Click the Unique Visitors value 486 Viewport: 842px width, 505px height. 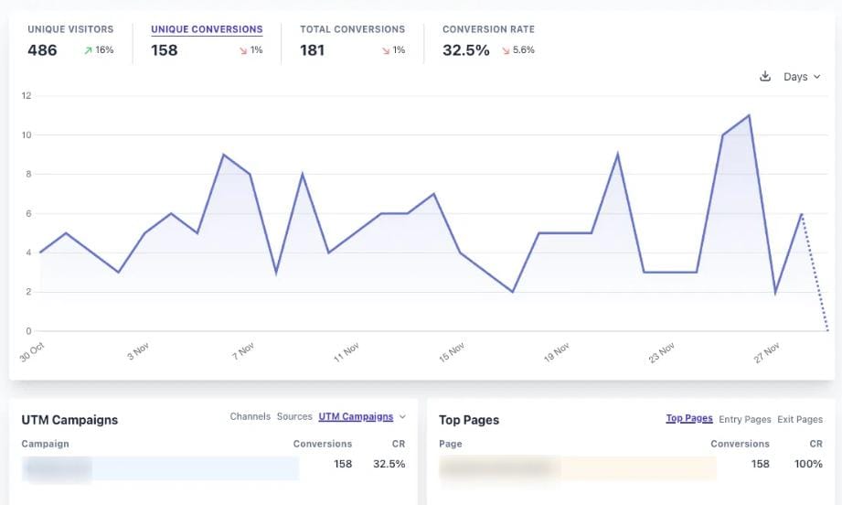(42, 50)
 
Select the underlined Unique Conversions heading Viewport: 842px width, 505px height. (207, 29)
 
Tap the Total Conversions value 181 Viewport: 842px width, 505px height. (313, 50)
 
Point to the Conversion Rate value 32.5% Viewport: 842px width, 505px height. (466, 50)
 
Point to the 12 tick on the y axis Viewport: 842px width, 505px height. (27, 95)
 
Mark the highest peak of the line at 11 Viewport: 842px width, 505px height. (749, 115)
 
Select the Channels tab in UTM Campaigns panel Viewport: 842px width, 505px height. (250, 417)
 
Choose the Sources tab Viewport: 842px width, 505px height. (294, 417)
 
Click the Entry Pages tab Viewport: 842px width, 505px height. (744, 419)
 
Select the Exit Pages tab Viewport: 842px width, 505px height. (800, 419)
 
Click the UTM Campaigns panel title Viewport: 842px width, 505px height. (69, 420)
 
